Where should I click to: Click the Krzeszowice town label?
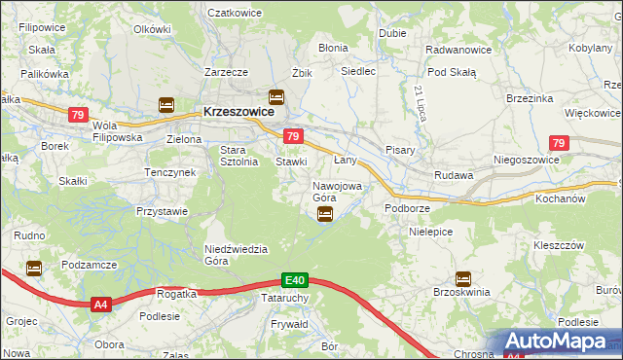pos(244,111)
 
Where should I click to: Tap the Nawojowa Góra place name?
pos(337,192)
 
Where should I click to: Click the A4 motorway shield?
pos(101,306)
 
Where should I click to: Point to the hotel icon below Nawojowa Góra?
pos(326,214)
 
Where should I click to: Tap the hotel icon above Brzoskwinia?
pos(462,278)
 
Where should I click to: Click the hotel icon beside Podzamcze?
pos(35,269)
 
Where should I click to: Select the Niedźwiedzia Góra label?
pos(236,255)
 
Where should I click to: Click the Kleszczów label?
pos(558,244)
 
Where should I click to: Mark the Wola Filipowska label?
pos(117,131)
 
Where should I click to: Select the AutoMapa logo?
pos(560,342)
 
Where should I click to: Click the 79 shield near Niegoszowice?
pos(558,143)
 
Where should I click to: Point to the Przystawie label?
pos(162,209)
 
